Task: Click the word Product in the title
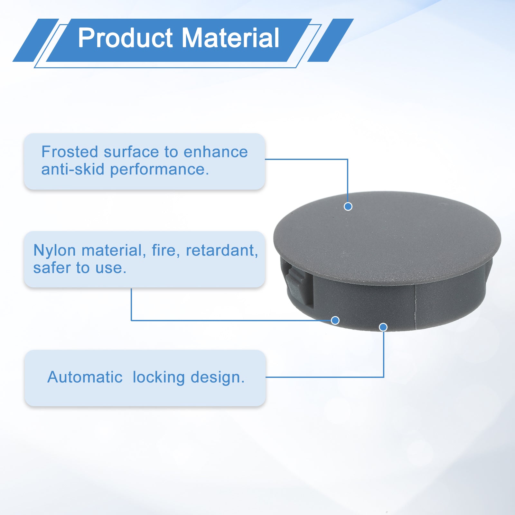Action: pyautogui.click(x=126, y=38)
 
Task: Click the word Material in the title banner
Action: pyautogui.click(x=230, y=38)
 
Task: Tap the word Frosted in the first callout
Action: pyautogui.click(x=70, y=152)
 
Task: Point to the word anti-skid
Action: pyautogui.click(x=73, y=169)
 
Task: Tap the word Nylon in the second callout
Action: pyautogui.click(x=55, y=251)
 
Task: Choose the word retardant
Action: pyautogui.click(x=222, y=251)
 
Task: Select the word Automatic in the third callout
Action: pyautogui.click(x=85, y=377)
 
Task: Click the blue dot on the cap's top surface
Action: pyautogui.click(x=348, y=206)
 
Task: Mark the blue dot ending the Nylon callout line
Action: pyautogui.click(x=335, y=320)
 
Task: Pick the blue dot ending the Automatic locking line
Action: pyautogui.click(x=383, y=327)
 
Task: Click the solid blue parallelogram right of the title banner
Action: pyautogui.click(x=331, y=40)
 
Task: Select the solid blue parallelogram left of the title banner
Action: pyautogui.click(x=36, y=40)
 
